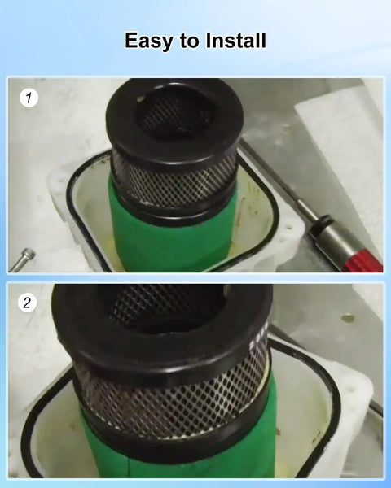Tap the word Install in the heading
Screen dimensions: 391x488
[236, 40]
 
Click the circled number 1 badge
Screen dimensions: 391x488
[29, 98]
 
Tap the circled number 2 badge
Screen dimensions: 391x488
[27, 303]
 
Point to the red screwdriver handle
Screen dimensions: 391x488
[364, 261]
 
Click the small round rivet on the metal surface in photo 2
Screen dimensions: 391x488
[348, 318]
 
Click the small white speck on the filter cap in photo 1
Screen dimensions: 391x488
[141, 98]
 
